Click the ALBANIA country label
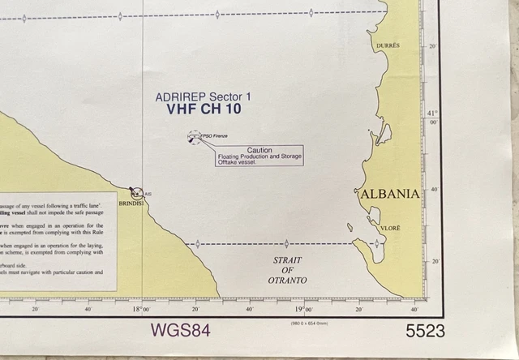(388, 194)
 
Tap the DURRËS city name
(389, 46)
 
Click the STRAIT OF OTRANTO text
(288, 270)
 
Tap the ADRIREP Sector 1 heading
(204, 97)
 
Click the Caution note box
(259, 156)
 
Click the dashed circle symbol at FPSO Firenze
(194, 138)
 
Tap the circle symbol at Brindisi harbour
(137, 193)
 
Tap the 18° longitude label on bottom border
(141, 309)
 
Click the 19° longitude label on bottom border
(302, 309)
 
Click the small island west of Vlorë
(350, 227)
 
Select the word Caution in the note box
(259, 150)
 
